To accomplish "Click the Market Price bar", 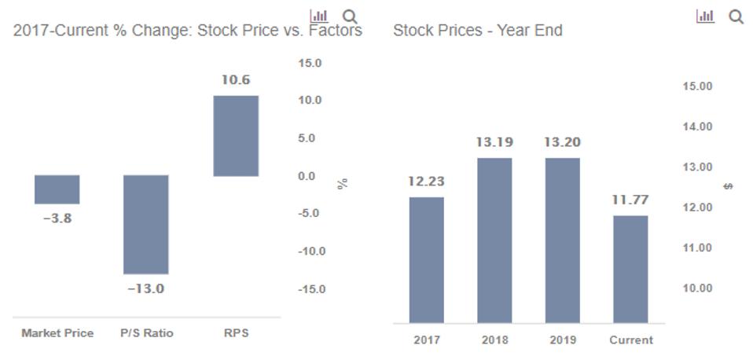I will [x=57, y=189].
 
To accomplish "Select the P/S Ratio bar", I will [x=146, y=224].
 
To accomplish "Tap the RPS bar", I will [x=236, y=136].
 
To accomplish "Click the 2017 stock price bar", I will [x=426, y=259].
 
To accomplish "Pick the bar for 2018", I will [x=494, y=240].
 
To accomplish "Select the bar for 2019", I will [x=562, y=240].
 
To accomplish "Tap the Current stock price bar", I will [x=630, y=269].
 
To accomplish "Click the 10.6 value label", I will [x=236, y=80].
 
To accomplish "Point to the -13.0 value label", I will [x=146, y=288].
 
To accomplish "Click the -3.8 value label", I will [x=57, y=219].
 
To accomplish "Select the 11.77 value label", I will [x=630, y=200].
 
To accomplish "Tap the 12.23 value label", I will [x=426, y=182].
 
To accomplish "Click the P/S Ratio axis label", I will [x=146, y=333].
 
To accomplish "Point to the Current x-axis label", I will [x=630, y=340].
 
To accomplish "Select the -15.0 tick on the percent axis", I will [x=310, y=289].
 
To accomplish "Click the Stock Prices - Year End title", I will [x=477, y=31].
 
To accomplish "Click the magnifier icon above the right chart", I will [x=736, y=16].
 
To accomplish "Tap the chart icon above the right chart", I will [x=706, y=16].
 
